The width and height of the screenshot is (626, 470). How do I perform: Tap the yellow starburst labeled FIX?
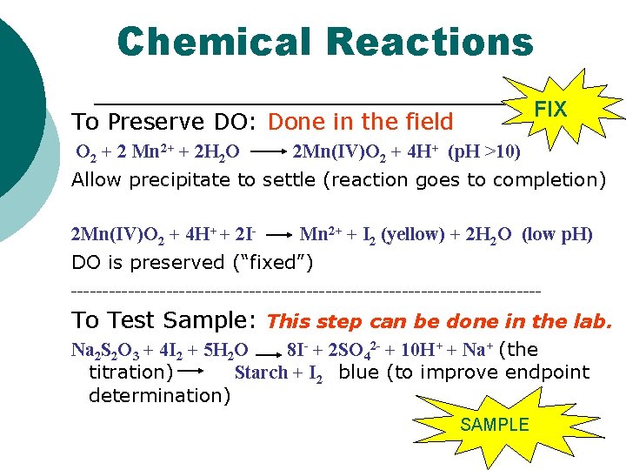click(549, 110)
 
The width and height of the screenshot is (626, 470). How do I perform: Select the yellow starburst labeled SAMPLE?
click(494, 425)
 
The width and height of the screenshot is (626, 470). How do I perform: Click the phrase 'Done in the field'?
click(362, 122)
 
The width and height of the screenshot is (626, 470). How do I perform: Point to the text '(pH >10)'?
click(484, 154)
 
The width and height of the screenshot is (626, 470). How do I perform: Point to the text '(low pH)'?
click(557, 234)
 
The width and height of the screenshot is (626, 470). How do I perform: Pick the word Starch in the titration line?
click(261, 373)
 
